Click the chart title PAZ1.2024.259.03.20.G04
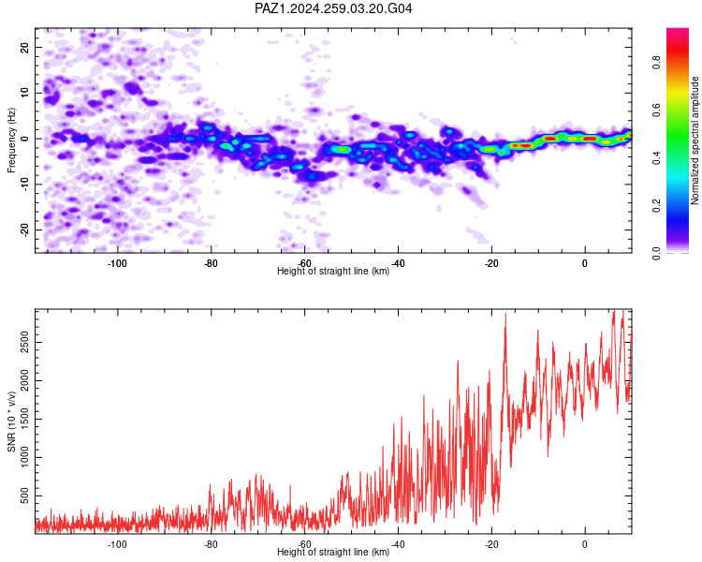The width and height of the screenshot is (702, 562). coord(333,8)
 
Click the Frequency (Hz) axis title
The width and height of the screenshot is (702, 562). coord(11,140)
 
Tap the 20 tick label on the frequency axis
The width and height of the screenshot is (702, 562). coord(24,47)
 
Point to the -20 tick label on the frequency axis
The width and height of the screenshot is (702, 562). coord(24,230)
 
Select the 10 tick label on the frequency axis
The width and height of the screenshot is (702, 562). coord(24,93)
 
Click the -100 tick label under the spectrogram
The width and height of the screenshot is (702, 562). coord(117,263)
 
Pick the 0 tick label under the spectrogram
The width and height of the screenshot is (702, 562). coord(585,263)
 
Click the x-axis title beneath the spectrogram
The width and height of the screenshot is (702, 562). coord(333,271)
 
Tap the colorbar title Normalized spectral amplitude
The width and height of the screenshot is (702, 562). coord(695,140)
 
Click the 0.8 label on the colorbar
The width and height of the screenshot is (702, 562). coord(656,63)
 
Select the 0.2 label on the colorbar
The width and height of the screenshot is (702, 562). coord(656,206)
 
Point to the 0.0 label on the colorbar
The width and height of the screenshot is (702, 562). coord(656,253)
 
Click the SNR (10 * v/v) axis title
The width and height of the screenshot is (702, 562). coord(11,421)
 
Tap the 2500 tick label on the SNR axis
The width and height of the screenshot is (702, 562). coord(24,343)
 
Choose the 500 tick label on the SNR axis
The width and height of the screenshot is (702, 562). coord(24,495)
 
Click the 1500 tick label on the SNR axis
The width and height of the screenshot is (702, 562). coord(24,419)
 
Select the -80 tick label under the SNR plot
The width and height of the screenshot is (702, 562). coord(211,544)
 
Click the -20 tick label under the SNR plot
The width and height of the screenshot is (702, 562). coord(491,544)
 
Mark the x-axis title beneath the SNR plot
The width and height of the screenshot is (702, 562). coord(333,552)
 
